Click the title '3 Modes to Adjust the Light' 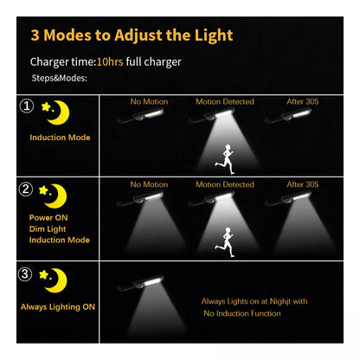(132, 36)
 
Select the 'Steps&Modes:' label (59, 77)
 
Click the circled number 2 (26, 190)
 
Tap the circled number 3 (26, 275)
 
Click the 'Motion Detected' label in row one (225, 101)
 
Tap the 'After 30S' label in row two (303, 184)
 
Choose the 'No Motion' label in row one (149, 101)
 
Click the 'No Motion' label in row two (149, 184)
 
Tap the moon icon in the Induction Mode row (59, 111)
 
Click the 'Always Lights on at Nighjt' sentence (254, 301)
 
